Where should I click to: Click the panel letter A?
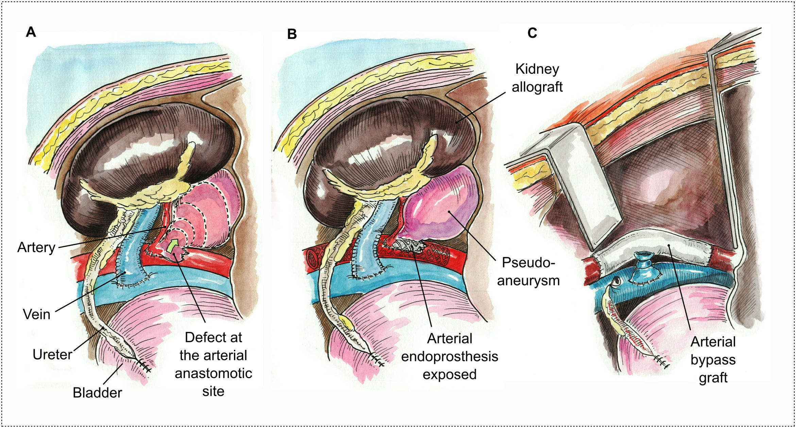pos(31,32)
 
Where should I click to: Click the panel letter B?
pos(292,34)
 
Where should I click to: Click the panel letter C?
pos(532,33)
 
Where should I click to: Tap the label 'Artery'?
pos(36,247)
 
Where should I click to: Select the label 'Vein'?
pos(36,314)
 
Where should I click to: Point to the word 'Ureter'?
pos(52,354)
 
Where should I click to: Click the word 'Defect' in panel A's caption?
pos(201,337)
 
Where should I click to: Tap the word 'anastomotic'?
pos(213,373)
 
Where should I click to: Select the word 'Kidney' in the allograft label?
pos(537,69)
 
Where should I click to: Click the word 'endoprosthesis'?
pos(450,356)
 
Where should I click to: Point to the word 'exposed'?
pos(450,374)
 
